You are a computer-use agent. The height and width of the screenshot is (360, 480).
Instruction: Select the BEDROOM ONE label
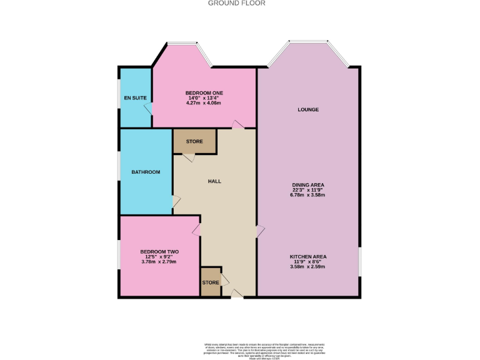point(204,93)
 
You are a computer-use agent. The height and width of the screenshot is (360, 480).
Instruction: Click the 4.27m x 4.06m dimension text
point(204,103)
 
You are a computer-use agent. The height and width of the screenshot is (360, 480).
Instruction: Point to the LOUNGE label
point(308,109)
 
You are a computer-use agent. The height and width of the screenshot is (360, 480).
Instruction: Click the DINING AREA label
point(308,185)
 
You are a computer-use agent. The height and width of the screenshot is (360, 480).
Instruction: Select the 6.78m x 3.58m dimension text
point(308,195)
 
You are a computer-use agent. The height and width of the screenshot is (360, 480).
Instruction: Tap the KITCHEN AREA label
point(308,257)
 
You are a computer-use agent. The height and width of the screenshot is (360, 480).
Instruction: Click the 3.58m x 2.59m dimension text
point(308,267)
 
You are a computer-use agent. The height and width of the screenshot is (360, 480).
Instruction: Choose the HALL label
point(214,181)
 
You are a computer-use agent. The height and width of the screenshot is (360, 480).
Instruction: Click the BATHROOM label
point(146,172)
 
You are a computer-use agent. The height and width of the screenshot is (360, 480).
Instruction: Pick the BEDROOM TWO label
point(159,252)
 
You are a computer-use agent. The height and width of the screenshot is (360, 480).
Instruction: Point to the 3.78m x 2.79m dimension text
point(159,262)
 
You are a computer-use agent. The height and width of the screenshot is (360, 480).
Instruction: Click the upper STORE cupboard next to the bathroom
point(194,142)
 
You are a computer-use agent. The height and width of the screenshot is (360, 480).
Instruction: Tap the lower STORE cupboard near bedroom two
point(211,282)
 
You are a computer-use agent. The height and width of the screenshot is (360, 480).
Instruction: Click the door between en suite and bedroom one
point(149,109)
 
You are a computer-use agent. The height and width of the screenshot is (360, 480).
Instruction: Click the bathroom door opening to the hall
point(176,201)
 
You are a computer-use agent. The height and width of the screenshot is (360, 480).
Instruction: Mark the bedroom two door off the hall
point(197,231)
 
